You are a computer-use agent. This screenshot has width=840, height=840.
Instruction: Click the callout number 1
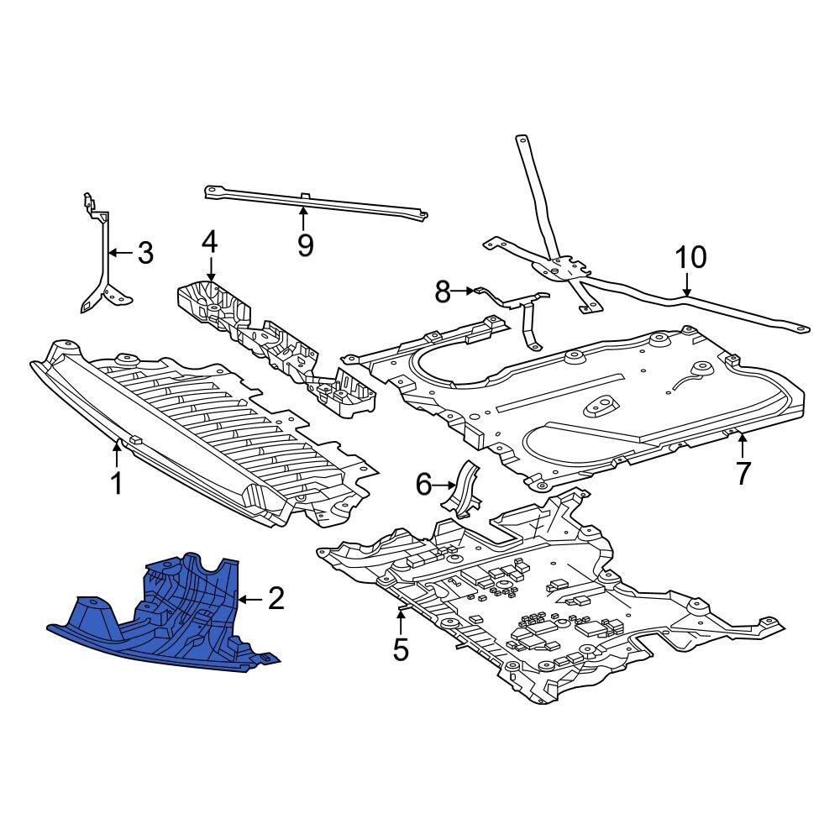pyautogui.click(x=117, y=484)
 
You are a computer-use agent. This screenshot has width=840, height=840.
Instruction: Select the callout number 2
pyautogui.click(x=276, y=599)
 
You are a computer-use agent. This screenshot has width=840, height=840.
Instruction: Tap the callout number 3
pyautogui.click(x=145, y=253)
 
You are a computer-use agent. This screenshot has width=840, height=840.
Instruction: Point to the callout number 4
pyautogui.click(x=209, y=243)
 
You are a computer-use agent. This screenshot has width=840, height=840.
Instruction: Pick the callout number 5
pyautogui.click(x=401, y=648)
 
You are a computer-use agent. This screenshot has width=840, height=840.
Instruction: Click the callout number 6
pyautogui.click(x=423, y=484)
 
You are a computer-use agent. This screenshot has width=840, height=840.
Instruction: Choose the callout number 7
pyautogui.click(x=743, y=473)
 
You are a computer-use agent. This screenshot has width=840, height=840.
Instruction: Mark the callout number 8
pyautogui.click(x=443, y=291)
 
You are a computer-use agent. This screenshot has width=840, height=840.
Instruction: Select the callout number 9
pyautogui.click(x=304, y=244)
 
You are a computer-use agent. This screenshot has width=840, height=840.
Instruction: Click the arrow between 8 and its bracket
pyautogui.click(x=465, y=291)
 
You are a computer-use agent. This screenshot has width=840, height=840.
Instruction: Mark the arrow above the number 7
pyautogui.click(x=743, y=443)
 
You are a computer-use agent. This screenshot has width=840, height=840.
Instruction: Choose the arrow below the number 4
pyautogui.click(x=209, y=270)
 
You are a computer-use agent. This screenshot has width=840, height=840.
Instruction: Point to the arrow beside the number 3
pyautogui.click(x=120, y=252)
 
